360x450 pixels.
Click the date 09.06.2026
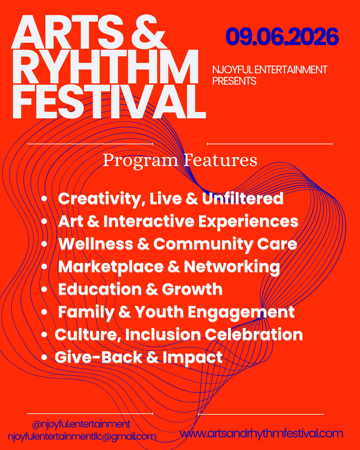coord(282,37)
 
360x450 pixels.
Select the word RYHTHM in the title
coord(105,68)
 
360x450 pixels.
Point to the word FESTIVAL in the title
coord(109,102)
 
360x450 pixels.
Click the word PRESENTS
coord(234,81)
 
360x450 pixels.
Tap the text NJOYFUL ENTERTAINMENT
coord(270,70)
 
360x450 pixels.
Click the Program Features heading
coord(180,160)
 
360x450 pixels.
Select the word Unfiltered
coord(243,199)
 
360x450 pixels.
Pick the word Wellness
coord(96,244)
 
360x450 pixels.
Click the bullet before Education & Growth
coord(44,289)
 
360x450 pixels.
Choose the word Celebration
coord(254,335)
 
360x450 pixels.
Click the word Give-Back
coord(99,357)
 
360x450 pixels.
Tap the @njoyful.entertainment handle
coord(81,424)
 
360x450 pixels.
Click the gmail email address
coord(82,436)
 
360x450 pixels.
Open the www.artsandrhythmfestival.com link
coord(262,433)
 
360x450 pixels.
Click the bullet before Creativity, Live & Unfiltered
coord(44,199)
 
